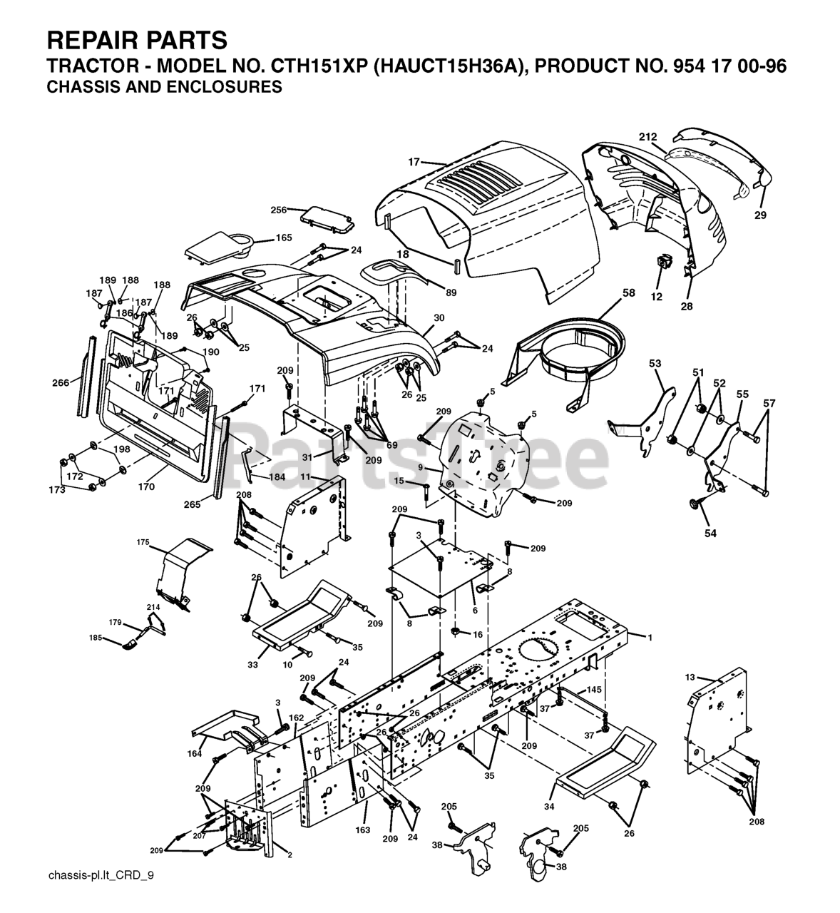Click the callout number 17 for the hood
(x=414, y=162)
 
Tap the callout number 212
(x=647, y=137)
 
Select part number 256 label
(x=278, y=210)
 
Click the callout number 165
(x=284, y=238)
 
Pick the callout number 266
(x=61, y=382)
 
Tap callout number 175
(x=143, y=543)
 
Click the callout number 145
(x=594, y=690)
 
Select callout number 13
(x=690, y=678)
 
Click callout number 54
(x=710, y=533)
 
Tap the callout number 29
(x=760, y=215)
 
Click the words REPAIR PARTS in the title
(x=137, y=39)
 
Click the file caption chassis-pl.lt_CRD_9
(x=101, y=895)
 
